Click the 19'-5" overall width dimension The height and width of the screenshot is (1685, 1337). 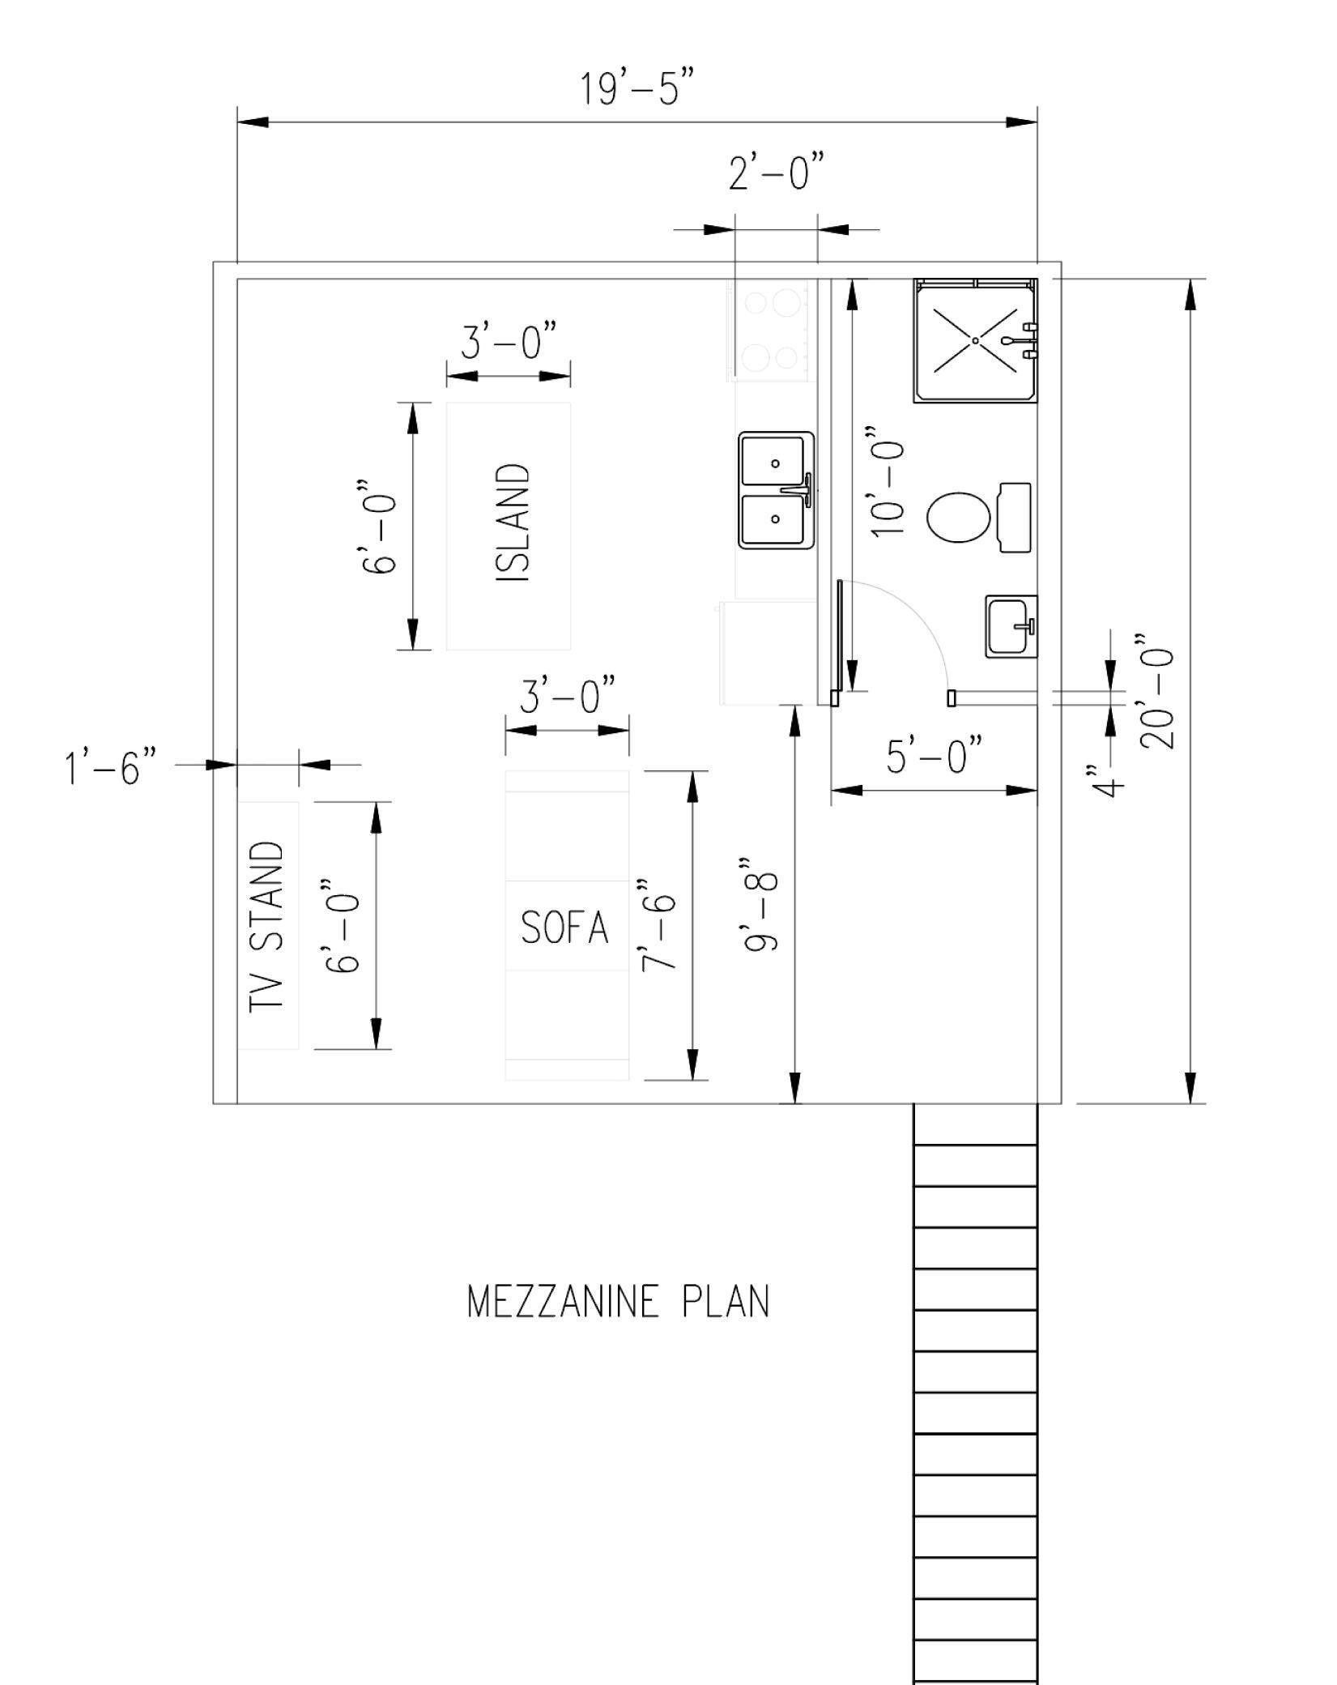[x=637, y=88]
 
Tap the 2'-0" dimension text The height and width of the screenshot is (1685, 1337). [x=777, y=173]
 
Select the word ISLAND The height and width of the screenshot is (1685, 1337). [x=512, y=523]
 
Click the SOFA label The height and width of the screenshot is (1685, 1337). [x=564, y=928]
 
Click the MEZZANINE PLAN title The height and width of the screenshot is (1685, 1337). [x=619, y=1302]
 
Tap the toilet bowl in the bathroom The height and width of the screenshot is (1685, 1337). [x=959, y=518]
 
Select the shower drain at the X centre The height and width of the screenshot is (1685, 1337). [x=976, y=341]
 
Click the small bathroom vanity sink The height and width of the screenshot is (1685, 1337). [x=1011, y=626]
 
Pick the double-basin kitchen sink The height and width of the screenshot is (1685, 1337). [x=776, y=490]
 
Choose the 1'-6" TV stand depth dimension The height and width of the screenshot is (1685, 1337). [x=111, y=766]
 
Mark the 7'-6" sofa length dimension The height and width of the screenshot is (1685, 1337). [x=657, y=924]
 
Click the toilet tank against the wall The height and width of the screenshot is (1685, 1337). [x=1015, y=518]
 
